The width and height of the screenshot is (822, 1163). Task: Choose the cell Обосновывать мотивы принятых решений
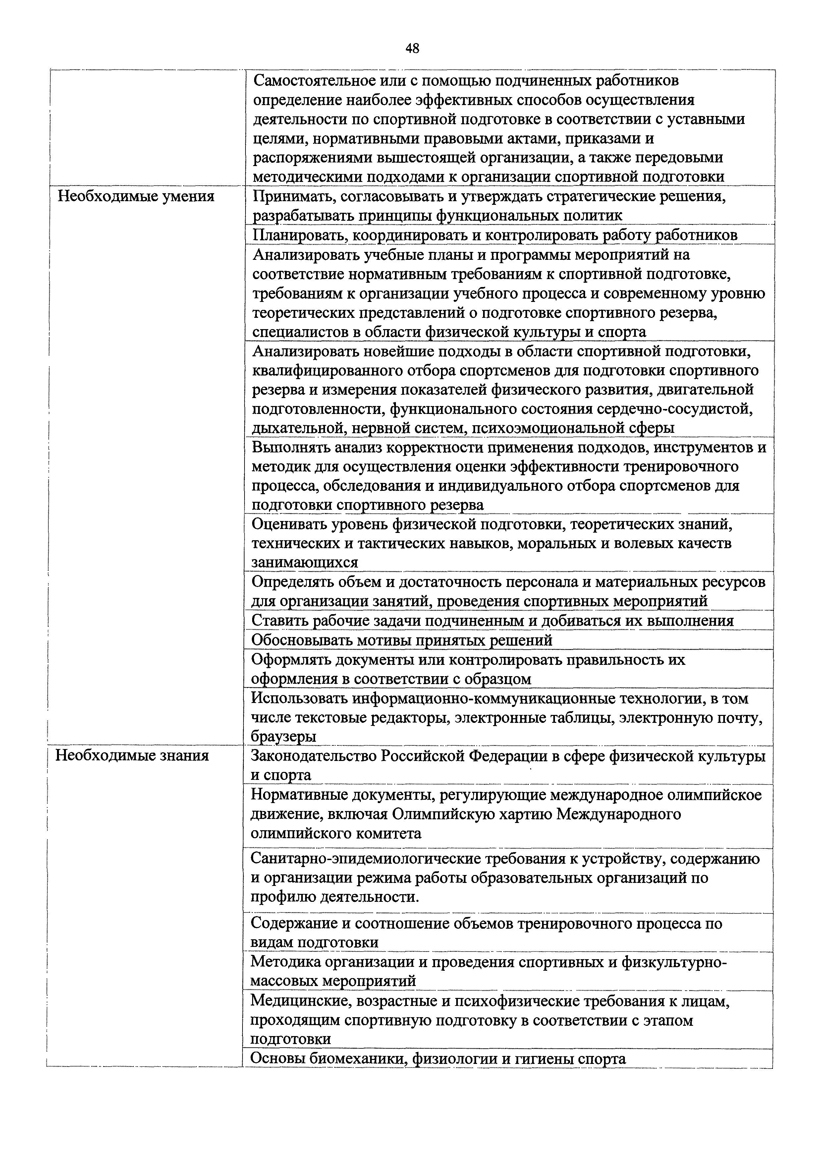pyautogui.click(x=402, y=640)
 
